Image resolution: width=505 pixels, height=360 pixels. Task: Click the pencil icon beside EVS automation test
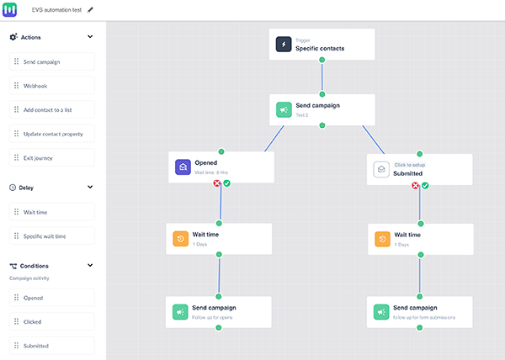tap(91, 9)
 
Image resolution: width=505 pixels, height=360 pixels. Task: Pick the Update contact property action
tap(52, 133)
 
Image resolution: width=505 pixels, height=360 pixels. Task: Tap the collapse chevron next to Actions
tap(90, 37)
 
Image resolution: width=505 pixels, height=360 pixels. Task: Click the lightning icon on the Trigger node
tap(284, 45)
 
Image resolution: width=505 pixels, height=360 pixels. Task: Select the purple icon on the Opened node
tap(182, 167)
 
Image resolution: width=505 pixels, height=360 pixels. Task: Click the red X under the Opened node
tap(216, 184)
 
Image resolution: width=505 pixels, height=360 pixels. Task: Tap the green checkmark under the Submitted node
tap(425, 185)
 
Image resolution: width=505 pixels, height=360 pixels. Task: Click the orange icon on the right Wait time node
tap(381, 239)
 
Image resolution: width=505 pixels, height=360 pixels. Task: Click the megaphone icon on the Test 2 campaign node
tap(284, 109)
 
